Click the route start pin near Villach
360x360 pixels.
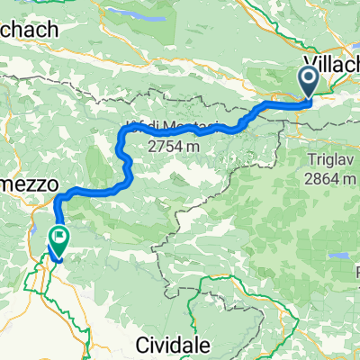[309, 82]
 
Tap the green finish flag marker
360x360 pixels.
[60, 239]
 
